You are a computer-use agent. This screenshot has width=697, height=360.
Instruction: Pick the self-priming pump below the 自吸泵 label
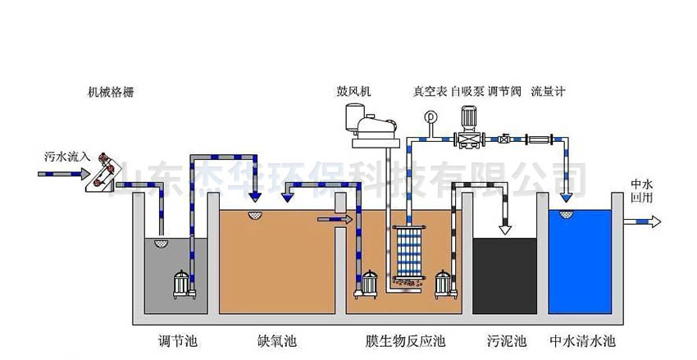pyautogui.click(x=469, y=133)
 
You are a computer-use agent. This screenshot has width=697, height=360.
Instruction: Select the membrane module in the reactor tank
pyautogui.click(x=407, y=253)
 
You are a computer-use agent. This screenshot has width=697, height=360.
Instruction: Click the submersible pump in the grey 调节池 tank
pyautogui.click(x=183, y=283)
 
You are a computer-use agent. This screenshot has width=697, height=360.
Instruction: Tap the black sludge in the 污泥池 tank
pyautogui.click(x=505, y=275)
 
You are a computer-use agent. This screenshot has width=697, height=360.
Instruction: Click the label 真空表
pyautogui.click(x=429, y=91)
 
